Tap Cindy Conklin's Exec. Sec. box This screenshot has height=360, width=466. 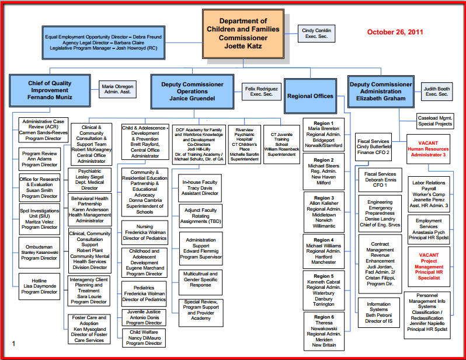pos(316,33)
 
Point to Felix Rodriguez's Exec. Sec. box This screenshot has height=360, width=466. pos(260,91)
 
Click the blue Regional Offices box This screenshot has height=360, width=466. pos(310,96)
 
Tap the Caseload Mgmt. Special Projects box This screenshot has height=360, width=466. pos(434,120)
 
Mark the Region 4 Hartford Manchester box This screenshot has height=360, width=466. pos(324,251)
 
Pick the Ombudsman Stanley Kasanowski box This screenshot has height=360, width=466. pos(39,252)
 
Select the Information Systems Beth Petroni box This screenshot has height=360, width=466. pos(378,312)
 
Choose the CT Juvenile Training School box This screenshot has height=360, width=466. pos(281,144)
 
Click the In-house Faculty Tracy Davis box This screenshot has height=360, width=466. pos(200,187)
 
